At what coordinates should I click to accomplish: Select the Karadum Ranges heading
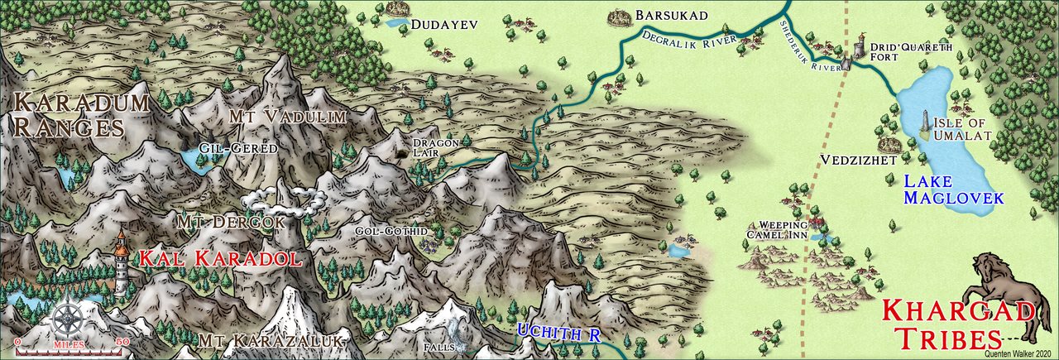(x=81, y=115)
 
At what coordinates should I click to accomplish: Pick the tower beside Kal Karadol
(x=122, y=263)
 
